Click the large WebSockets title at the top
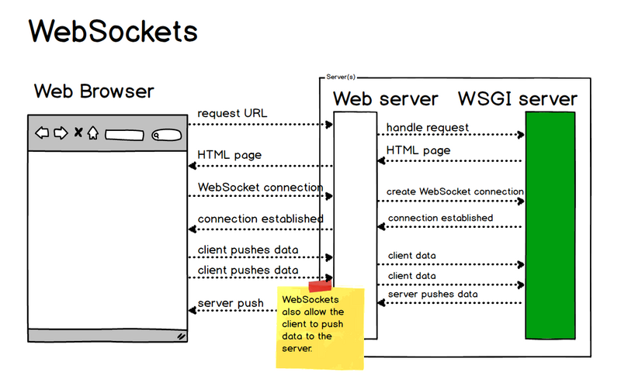point(113,32)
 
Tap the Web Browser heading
point(94,91)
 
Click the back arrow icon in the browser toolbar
point(42,133)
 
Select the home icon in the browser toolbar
point(92,133)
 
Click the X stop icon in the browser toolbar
point(78,133)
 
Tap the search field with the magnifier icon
point(165,134)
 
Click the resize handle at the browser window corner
point(181,336)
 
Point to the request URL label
point(232,113)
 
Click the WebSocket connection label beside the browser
point(260,187)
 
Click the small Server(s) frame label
point(341,78)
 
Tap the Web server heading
point(386,99)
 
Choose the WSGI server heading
point(518,99)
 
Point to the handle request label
point(427,127)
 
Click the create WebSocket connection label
point(455,191)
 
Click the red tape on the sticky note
point(319,287)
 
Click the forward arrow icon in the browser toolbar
point(60,133)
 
